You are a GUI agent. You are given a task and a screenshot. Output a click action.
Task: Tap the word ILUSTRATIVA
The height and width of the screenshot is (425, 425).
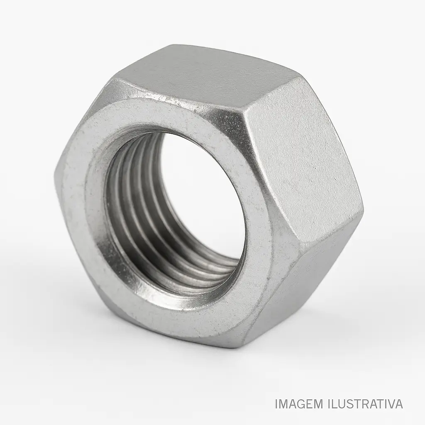pyautogui.click(x=365, y=403)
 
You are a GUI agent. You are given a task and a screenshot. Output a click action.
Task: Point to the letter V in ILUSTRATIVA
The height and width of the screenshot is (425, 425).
pyautogui.click(x=388, y=403)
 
